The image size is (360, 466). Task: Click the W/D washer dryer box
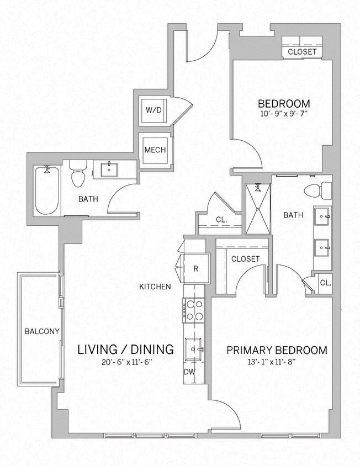(153, 110)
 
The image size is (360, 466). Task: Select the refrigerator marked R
(195, 269)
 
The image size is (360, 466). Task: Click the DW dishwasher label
(189, 372)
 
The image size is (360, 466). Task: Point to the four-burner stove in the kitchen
(194, 310)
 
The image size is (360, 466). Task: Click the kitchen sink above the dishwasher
(194, 348)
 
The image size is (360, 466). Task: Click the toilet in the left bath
(78, 174)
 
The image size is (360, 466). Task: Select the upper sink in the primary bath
(321, 217)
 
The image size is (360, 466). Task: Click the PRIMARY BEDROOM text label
(277, 350)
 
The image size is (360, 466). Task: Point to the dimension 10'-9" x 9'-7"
(284, 115)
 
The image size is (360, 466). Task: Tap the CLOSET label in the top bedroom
(302, 51)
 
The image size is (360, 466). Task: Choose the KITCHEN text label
(155, 287)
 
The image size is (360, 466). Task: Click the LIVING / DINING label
(125, 349)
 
